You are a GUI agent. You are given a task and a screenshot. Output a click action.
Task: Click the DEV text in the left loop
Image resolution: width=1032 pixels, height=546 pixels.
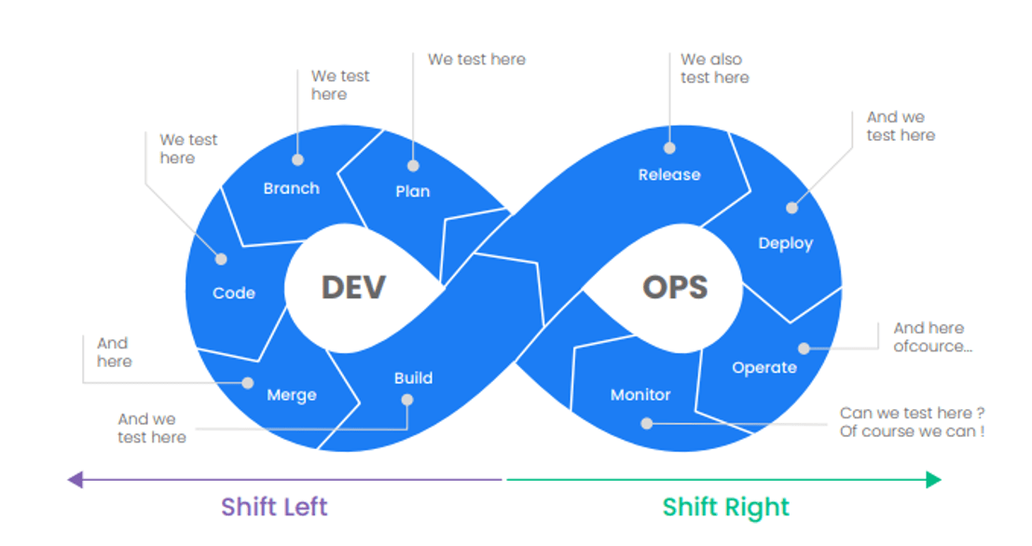coord(353,287)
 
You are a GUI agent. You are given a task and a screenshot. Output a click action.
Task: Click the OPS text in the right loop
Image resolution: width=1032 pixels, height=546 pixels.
coord(675,287)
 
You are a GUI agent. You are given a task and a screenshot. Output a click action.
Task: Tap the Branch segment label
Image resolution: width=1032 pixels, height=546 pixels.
coord(291,188)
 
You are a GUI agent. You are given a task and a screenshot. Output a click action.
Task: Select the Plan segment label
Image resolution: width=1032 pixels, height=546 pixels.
coord(412,191)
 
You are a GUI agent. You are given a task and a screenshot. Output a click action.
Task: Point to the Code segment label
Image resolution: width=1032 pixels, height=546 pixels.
coord(233,293)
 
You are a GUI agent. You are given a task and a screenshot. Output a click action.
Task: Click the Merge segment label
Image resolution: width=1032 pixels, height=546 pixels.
coord(291,395)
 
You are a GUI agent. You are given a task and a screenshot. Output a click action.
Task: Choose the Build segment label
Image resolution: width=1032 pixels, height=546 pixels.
coord(412,377)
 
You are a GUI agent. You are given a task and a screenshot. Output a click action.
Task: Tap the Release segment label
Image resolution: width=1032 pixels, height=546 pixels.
coord(668,174)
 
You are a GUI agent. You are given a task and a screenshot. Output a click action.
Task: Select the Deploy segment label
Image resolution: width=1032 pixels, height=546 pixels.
coord(785,243)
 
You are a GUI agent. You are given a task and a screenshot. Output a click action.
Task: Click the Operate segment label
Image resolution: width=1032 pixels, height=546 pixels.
coord(764,367)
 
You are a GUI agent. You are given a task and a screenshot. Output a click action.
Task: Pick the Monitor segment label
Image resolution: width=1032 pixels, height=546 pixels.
coord(640,395)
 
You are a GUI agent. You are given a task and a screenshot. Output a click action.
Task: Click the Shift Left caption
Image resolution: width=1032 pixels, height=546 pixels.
coord(274,508)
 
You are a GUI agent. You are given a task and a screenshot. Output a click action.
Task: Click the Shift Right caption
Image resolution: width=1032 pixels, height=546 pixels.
coord(725,508)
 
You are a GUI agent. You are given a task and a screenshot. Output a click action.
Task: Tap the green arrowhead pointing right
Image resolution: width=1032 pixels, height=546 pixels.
coord(933,480)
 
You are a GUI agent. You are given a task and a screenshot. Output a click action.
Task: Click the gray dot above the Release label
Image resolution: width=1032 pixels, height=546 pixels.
coord(668,147)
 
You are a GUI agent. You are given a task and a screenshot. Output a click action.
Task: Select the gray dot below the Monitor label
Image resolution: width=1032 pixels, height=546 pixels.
coord(646,423)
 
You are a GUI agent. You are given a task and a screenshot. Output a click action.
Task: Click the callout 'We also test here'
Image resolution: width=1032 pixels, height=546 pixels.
coord(714,68)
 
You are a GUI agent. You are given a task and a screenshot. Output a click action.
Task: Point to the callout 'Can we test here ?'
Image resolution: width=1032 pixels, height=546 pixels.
coord(912,413)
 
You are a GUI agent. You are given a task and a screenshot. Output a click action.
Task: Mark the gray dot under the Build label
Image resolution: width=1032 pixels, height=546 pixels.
coord(406,400)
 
